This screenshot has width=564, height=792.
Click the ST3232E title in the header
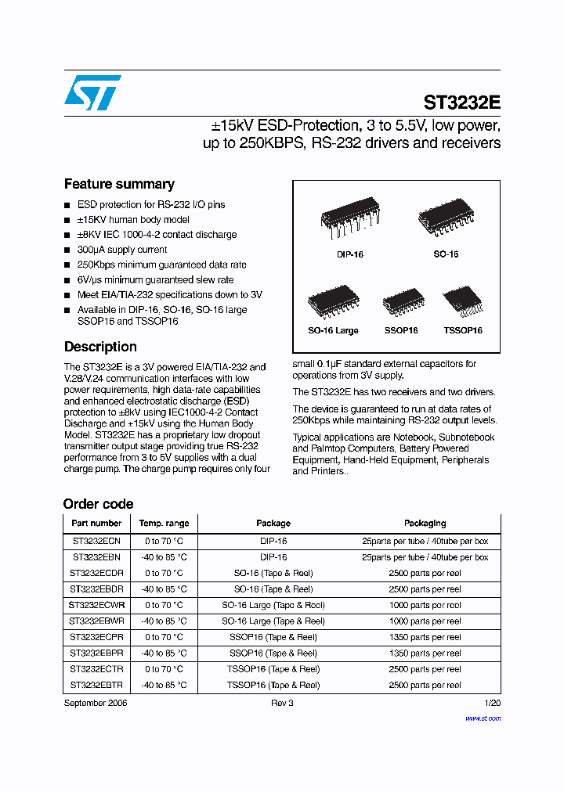[x=461, y=103]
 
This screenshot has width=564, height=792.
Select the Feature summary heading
[x=119, y=184]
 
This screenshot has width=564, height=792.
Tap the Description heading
[x=100, y=347]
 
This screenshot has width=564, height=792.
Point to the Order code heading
[x=98, y=504]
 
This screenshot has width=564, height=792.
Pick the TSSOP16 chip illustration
[x=462, y=302]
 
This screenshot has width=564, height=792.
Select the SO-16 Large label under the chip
[x=333, y=330]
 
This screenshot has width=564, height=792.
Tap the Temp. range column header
[x=164, y=523]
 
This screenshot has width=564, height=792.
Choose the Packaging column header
[x=425, y=523]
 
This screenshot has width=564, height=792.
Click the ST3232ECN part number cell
[x=96, y=541]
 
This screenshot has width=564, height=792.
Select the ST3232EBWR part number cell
[x=96, y=621]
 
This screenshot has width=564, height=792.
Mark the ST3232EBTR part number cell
[x=96, y=685]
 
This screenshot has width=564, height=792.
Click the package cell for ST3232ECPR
[x=273, y=637]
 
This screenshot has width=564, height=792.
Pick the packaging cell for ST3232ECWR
[x=425, y=605]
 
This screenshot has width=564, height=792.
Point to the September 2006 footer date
[x=95, y=703]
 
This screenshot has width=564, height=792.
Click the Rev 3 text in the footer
[x=282, y=703]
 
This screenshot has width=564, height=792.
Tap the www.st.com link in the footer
[x=483, y=718]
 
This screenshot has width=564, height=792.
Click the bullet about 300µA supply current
[x=121, y=250]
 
